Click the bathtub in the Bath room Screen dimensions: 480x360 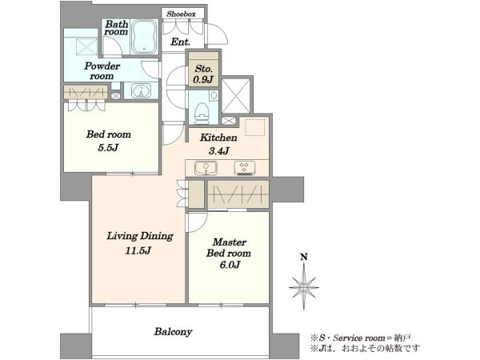pos(145,37)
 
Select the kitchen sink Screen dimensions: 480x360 pos(206,168)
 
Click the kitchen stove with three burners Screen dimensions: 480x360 pos(245,168)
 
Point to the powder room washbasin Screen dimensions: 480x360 pos(141,91)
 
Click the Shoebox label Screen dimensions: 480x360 pos(181,14)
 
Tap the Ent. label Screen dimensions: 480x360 pos(181,42)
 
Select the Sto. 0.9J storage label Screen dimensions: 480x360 pos(203,74)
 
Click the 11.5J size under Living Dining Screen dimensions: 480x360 pos(138,251)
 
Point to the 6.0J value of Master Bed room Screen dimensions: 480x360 pos(230,265)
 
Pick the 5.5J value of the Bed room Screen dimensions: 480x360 pos(108,148)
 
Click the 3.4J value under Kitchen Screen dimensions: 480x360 pos(219,150)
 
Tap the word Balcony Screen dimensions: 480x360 pos(174,332)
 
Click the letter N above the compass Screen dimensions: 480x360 pos(304,257)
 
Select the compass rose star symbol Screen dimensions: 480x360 pos(304,287)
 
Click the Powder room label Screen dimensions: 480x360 pos(102,71)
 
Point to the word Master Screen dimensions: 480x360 pos(230,242)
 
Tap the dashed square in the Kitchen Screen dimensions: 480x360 pos(254,127)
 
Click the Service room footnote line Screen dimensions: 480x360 pos(361,338)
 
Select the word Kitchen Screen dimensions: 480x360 pos(218,138)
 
